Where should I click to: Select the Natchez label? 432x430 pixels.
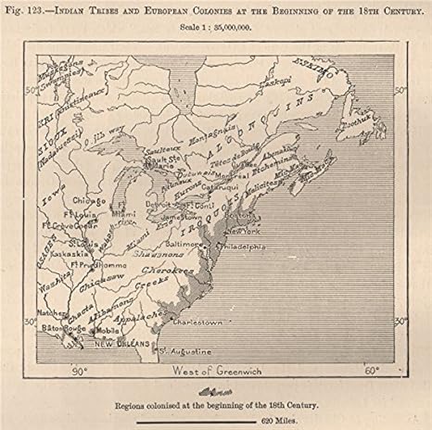(x=50, y=312)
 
